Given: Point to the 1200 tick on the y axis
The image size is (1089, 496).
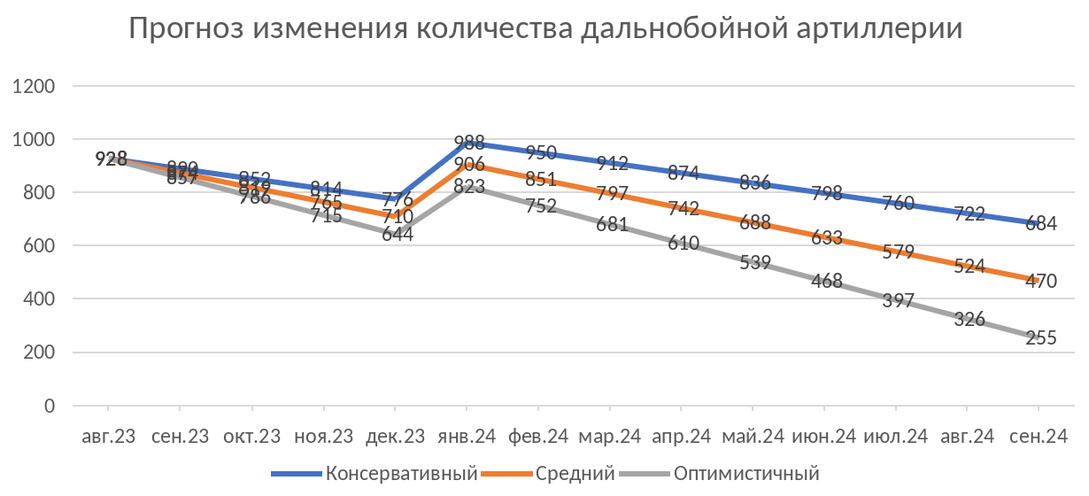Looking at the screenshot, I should click(x=38, y=87).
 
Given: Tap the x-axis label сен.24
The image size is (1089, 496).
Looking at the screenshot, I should click(x=1037, y=436).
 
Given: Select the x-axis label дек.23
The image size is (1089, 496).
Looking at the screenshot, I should click(x=394, y=436).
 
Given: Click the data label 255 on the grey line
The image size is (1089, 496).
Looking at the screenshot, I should click(x=1040, y=337).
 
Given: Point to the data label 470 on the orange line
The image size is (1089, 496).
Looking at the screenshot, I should click(x=1040, y=280).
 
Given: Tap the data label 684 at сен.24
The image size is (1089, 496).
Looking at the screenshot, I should click(x=1040, y=223).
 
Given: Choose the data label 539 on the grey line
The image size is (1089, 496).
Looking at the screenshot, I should click(x=755, y=262).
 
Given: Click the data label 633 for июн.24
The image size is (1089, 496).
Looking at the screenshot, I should click(x=827, y=237).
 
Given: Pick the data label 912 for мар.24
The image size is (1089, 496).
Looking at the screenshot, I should click(x=613, y=163).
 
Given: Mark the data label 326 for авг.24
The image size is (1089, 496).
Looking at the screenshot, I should click(x=969, y=319).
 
